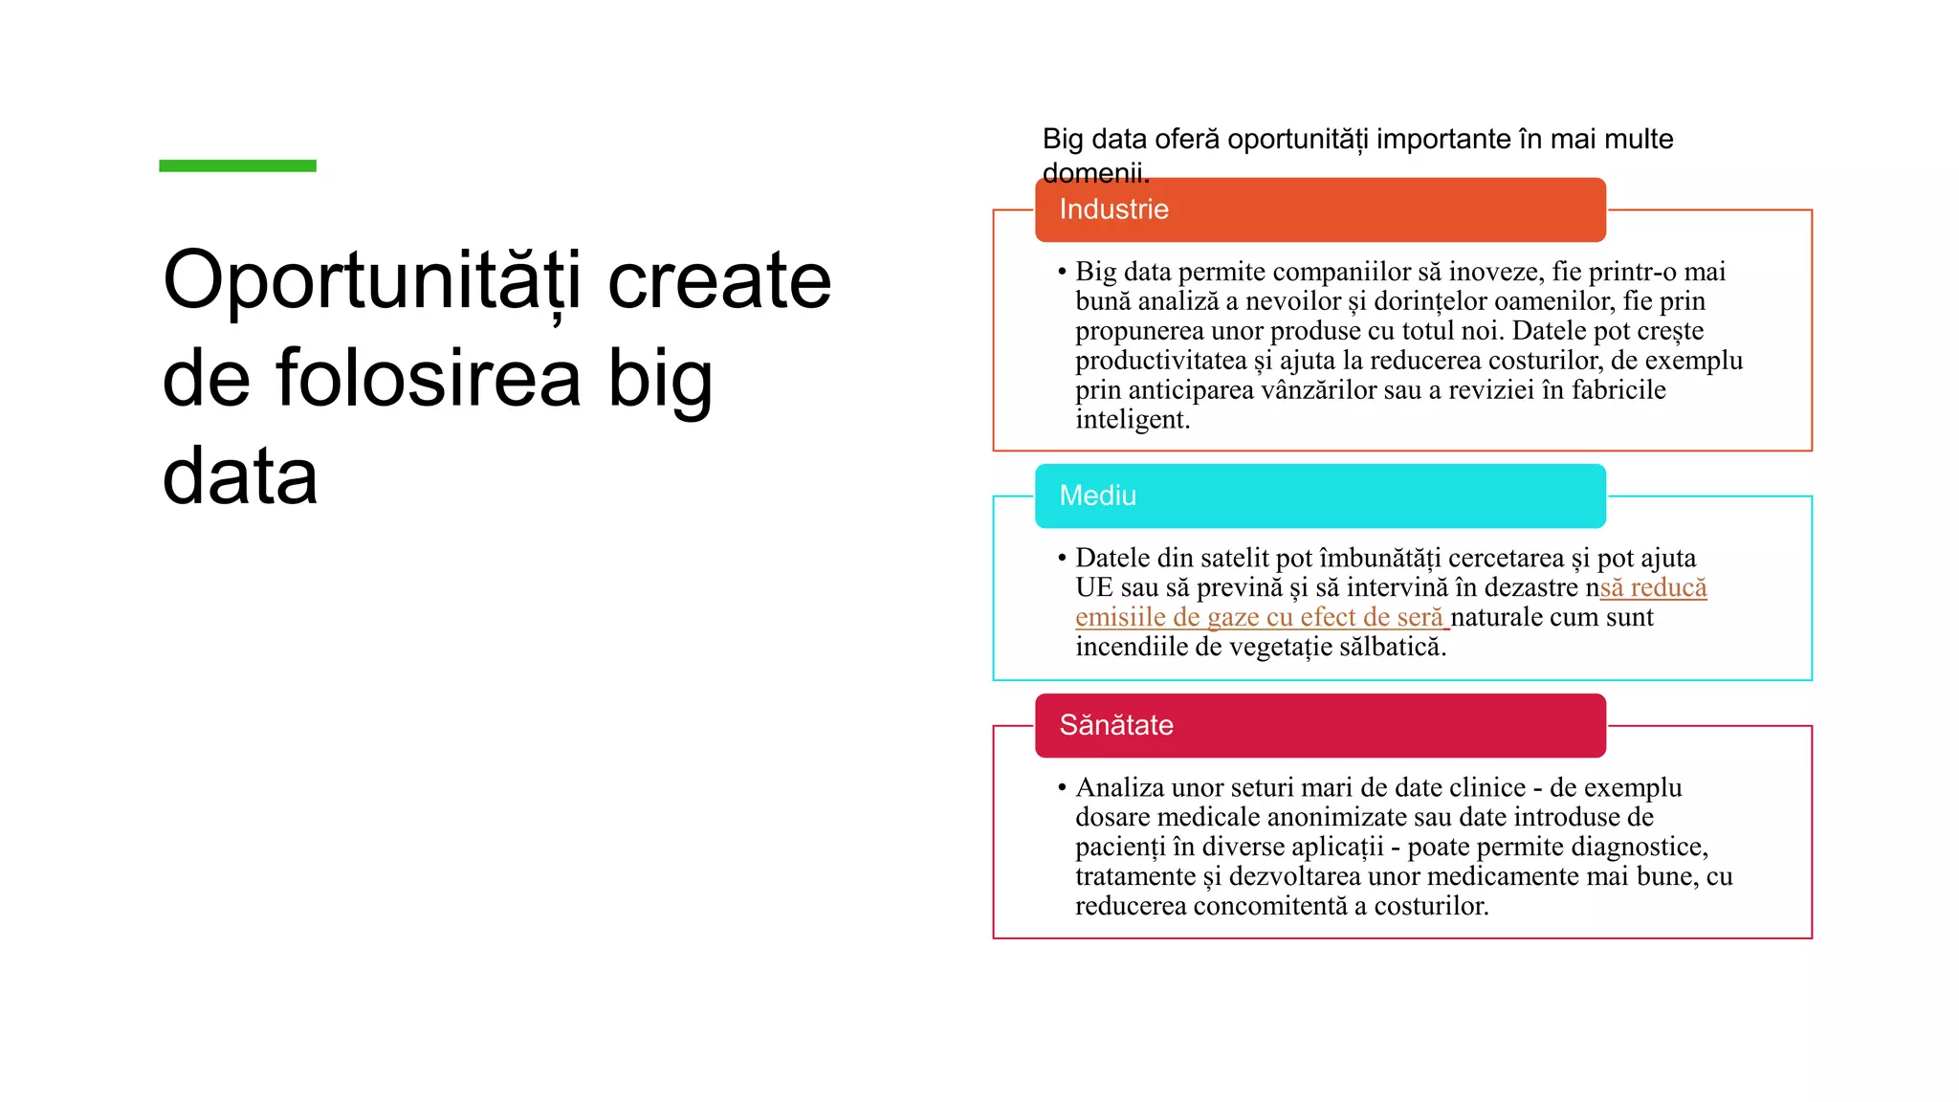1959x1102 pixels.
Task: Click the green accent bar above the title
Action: tap(237, 165)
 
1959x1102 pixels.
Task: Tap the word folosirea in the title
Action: tap(429, 378)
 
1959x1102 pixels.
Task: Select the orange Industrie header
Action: tap(1319, 209)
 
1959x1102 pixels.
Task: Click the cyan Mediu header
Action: tap(1319, 496)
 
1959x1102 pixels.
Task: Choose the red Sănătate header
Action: tap(1319, 725)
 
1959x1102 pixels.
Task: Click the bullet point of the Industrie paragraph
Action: tap(1062, 272)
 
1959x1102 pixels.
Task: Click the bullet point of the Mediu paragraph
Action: tap(1062, 558)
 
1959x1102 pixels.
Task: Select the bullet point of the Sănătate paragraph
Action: tap(1062, 787)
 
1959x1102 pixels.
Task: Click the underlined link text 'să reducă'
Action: tap(1653, 587)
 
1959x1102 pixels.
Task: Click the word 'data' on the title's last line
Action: tap(239, 476)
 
